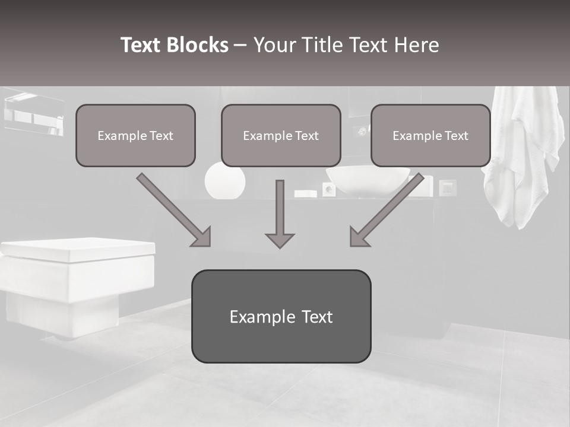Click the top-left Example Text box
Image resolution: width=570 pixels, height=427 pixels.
(x=135, y=135)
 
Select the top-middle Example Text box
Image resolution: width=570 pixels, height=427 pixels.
(x=281, y=135)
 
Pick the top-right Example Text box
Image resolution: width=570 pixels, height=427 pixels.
(x=430, y=135)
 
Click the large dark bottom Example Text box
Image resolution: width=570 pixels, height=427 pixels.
(x=281, y=316)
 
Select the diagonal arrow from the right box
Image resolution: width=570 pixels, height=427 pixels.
(x=386, y=210)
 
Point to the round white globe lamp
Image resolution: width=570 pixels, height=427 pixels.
(x=225, y=182)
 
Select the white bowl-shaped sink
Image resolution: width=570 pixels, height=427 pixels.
(x=368, y=181)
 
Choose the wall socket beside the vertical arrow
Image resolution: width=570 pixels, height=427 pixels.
(x=328, y=189)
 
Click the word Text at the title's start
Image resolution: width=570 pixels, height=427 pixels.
(x=141, y=45)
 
